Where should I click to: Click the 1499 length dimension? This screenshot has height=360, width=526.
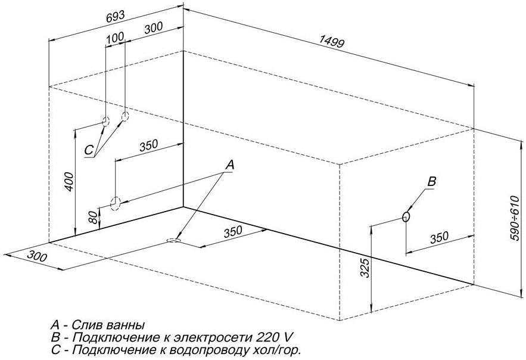pyautogui.click(x=331, y=42)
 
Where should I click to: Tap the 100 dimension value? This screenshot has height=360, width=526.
pyautogui.click(x=115, y=38)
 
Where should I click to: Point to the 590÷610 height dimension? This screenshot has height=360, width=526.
pyautogui.click(x=516, y=219)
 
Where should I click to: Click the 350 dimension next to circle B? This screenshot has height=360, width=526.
pyautogui.click(x=438, y=237)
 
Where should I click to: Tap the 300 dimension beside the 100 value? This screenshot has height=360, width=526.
pyautogui.click(x=153, y=28)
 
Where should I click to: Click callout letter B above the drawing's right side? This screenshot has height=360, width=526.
pyautogui.click(x=433, y=181)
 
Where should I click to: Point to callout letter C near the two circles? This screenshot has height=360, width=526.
pyautogui.click(x=88, y=150)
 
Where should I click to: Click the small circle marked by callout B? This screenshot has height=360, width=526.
pyautogui.click(x=406, y=217)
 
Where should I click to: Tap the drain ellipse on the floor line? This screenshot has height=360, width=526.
pyautogui.click(x=173, y=240)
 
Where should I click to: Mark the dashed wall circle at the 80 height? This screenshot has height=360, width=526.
pyautogui.click(x=116, y=203)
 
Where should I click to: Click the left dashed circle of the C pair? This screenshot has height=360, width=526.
pyautogui.click(x=105, y=121)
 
